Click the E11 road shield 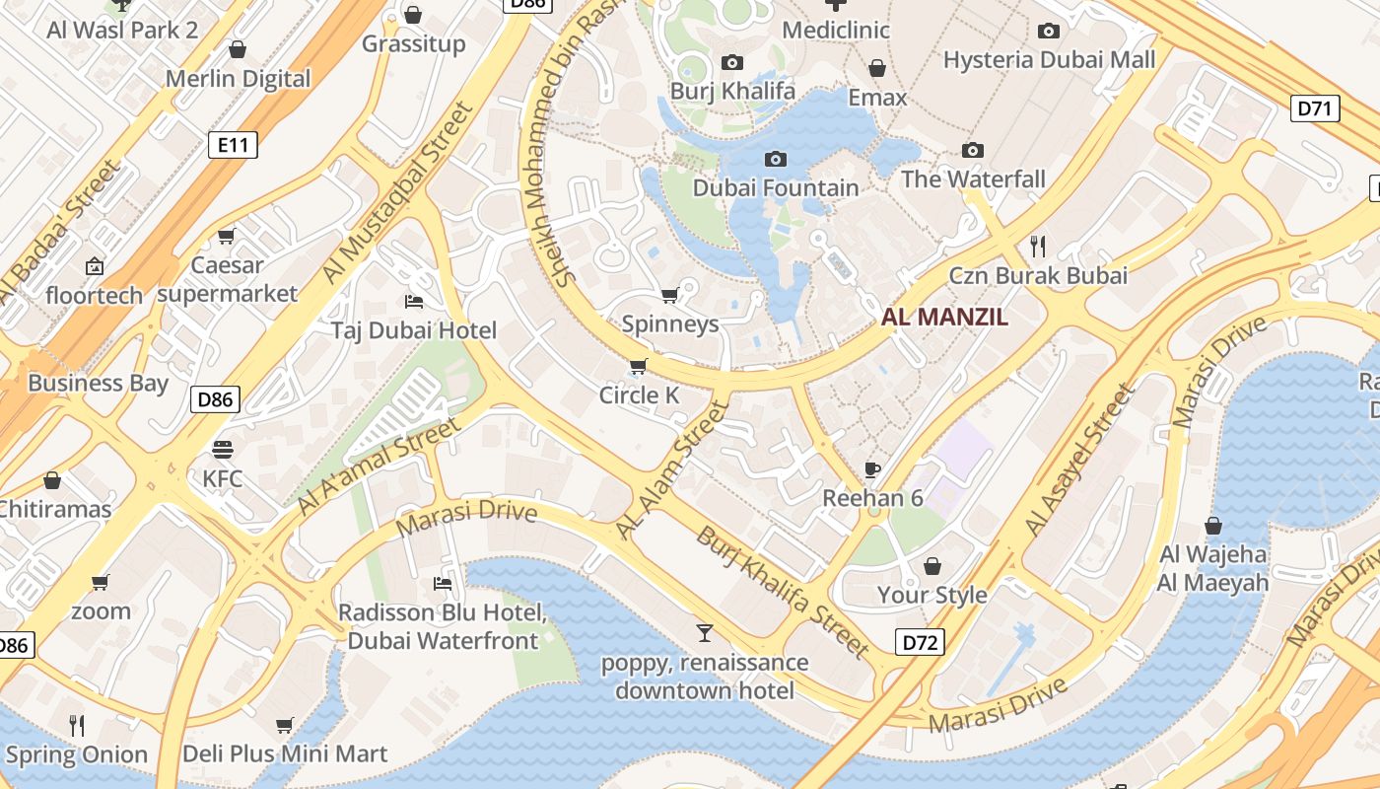[x=233, y=146]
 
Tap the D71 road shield [x=1315, y=108]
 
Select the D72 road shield [x=921, y=643]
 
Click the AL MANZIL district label [x=944, y=317]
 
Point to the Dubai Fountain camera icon [x=776, y=159]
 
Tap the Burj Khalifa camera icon [x=731, y=63]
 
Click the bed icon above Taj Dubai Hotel [x=414, y=301]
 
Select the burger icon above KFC [x=223, y=450]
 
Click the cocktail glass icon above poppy [x=705, y=632]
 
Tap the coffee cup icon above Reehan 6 [x=872, y=468]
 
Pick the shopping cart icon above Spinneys [x=670, y=295]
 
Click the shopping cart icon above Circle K [x=638, y=367]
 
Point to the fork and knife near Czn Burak [x=1037, y=246]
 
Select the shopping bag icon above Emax [x=876, y=68]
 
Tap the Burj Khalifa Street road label [x=783, y=593]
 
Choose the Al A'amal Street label [x=378, y=466]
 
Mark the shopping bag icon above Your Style [x=931, y=566]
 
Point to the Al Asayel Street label [x=1080, y=461]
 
